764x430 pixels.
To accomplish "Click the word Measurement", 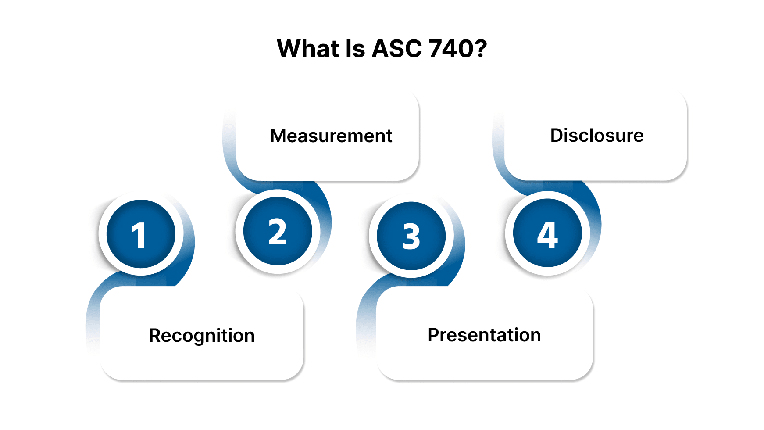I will click(x=331, y=136).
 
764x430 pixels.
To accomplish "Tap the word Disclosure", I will click(x=597, y=135).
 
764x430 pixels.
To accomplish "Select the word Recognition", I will click(x=202, y=336).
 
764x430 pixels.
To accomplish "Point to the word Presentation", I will click(x=484, y=335).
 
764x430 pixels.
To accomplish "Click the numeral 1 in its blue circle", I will click(x=139, y=236).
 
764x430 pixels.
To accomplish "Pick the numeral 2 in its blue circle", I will click(x=277, y=232).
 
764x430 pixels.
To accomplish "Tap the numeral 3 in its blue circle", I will click(x=411, y=237).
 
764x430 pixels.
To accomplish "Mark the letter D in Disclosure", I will click(x=557, y=135).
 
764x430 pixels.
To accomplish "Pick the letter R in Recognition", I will click(x=155, y=336).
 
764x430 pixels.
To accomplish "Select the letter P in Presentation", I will click(x=433, y=335).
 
